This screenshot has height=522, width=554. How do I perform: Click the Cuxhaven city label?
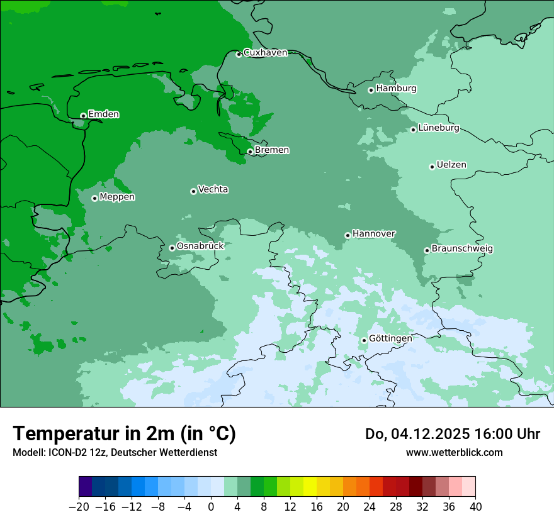pyautogui.click(x=265, y=53)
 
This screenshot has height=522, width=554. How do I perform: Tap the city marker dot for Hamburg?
pyautogui.click(x=371, y=90)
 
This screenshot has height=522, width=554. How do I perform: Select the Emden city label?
pyautogui.click(x=103, y=114)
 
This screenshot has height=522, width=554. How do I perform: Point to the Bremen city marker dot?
pyautogui.click(x=250, y=152)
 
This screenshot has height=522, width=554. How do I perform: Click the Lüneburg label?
pyautogui.click(x=439, y=128)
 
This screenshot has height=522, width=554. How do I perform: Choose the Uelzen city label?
pyautogui.click(x=451, y=165)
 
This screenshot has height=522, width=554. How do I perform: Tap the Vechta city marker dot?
pyautogui.click(x=193, y=191)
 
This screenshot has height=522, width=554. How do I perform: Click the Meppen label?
pyautogui.click(x=117, y=197)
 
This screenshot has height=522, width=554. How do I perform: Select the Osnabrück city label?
pyautogui.click(x=200, y=247)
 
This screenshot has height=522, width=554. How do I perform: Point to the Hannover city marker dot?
pyautogui.click(x=348, y=236)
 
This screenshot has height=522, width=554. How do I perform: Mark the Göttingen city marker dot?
pyautogui.click(x=364, y=340)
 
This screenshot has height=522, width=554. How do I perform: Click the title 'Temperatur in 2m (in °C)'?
pyautogui.click(x=124, y=433)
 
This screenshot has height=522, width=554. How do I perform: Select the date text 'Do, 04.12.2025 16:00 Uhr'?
pyautogui.click(x=452, y=434)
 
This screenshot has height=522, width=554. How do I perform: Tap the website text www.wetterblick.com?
pyautogui.click(x=454, y=452)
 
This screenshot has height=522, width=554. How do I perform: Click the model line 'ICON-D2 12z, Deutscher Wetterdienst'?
pyautogui.click(x=115, y=452)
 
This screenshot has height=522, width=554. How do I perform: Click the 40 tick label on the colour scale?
pyautogui.click(x=475, y=507)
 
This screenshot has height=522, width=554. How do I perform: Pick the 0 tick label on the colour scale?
pyautogui.click(x=211, y=507)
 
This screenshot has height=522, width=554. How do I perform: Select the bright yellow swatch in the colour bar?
pyautogui.click(x=310, y=487)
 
